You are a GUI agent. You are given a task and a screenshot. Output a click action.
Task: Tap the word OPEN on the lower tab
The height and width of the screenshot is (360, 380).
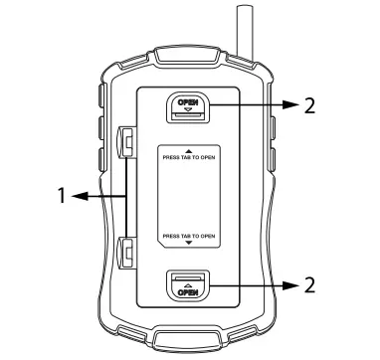[x=187, y=293]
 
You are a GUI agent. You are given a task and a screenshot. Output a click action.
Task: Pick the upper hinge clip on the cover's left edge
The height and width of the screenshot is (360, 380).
[x=126, y=145]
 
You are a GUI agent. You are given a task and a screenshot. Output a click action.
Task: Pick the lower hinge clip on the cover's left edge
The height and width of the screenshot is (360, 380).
[x=126, y=253]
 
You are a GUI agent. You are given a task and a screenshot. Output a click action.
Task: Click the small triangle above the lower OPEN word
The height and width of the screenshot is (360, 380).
[x=187, y=284]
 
